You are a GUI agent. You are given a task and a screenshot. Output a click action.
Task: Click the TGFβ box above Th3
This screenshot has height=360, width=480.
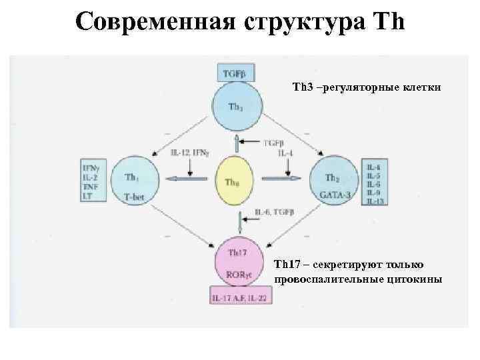tap(235, 74)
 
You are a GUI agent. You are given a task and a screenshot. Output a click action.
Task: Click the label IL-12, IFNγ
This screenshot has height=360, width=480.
tap(191, 152)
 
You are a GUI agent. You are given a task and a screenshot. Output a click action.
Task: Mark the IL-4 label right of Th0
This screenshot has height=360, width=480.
tap(285, 153)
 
